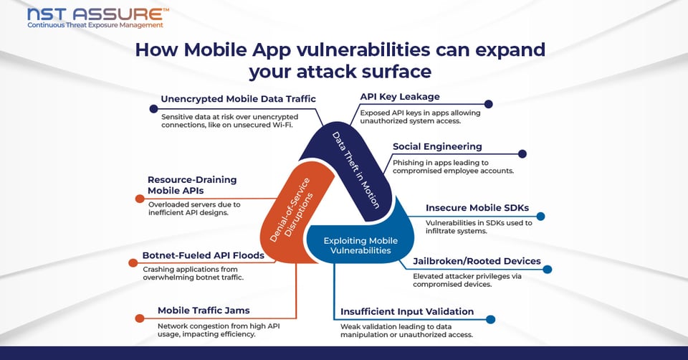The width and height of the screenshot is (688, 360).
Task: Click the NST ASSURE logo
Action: (x=98, y=14)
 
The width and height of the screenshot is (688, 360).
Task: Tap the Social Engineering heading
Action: (x=437, y=146)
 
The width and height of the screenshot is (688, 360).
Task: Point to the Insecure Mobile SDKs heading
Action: (x=477, y=208)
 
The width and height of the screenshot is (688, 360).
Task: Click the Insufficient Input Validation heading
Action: (x=407, y=311)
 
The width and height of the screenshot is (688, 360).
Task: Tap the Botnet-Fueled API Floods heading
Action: (x=204, y=255)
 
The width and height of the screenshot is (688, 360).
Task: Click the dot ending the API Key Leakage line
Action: (x=489, y=104)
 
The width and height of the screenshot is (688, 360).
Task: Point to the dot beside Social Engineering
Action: (x=522, y=153)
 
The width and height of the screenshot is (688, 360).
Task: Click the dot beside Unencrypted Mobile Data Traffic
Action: (x=153, y=108)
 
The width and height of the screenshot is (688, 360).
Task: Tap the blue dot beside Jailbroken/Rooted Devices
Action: (x=548, y=270)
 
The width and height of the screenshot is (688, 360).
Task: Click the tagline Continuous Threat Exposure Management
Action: (x=95, y=25)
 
